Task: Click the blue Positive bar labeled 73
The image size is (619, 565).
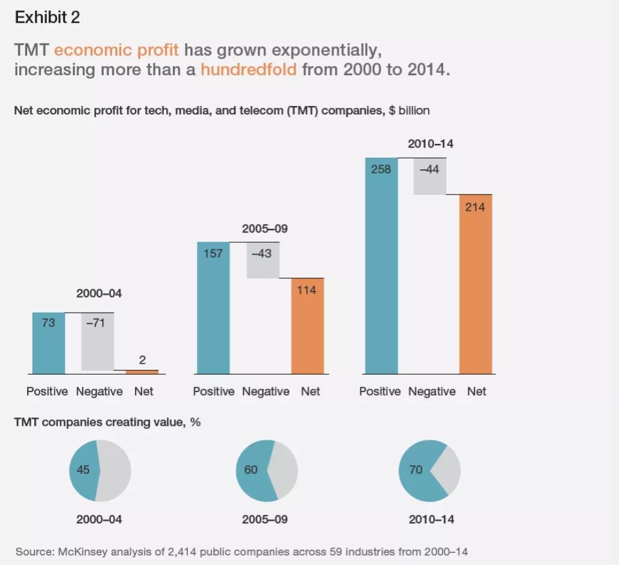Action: (x=49, y=343)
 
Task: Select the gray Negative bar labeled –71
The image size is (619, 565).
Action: (x=98, y=342)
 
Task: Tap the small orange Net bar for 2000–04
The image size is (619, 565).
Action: (x=142, y=372)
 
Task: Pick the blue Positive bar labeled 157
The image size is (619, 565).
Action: (x=213, y=308)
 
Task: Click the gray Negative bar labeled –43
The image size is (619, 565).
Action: (x=263, y=260)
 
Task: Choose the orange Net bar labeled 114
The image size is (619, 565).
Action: (x=308, y=326)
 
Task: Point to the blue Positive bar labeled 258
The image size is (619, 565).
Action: (x=381, y=266)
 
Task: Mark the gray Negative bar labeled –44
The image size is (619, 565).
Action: (x=430, y=176)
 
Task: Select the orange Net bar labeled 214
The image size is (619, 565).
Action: (x=476, y=284)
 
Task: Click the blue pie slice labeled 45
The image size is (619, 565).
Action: (x=84, y=470)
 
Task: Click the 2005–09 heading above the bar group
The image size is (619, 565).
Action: (x=265, y=229)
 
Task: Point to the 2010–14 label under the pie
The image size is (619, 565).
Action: (x=432, y=519)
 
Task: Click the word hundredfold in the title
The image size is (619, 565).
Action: (x=249, y=69)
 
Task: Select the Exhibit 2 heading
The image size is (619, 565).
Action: (x=48, y=17)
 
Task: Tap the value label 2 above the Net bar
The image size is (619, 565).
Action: (x=142, y=360)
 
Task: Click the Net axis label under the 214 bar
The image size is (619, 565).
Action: (x=476, y=392)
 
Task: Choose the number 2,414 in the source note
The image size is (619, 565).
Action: (x=182, y=552)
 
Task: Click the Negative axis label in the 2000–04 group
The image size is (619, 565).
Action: (x=99, y=392)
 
